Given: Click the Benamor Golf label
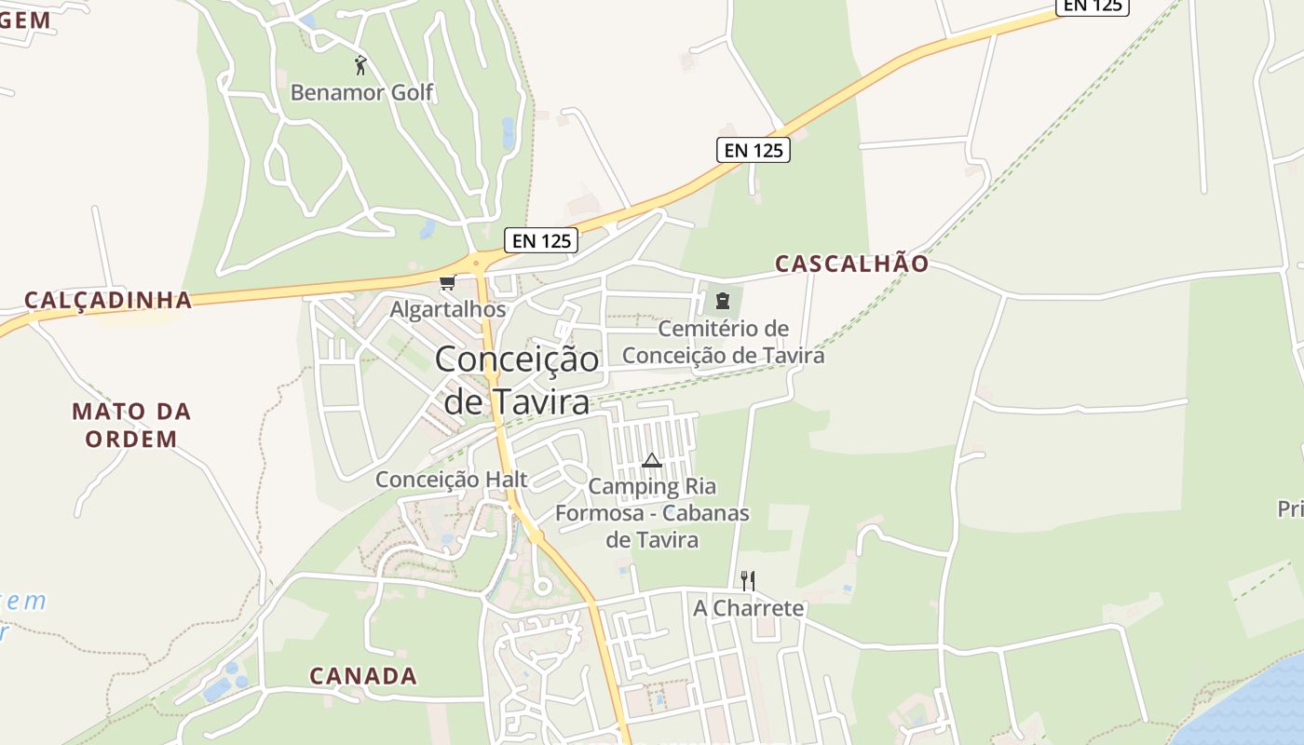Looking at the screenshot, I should [361, 92].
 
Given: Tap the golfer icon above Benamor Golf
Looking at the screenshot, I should [361, 65].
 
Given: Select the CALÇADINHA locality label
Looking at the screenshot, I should [108, 300].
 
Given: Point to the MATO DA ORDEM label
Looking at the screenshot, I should [131, 425].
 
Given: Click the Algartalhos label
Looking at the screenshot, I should [448, 309].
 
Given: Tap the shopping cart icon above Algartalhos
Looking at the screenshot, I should [447, 283].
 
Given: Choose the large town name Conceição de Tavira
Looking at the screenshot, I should [517, 380].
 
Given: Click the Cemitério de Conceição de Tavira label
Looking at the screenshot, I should [723, 342].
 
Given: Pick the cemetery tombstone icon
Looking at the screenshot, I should [722, 300].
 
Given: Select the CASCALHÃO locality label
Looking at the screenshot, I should [852, 264].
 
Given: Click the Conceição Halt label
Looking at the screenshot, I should [451, 480].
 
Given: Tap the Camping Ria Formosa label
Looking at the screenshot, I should [652, 512].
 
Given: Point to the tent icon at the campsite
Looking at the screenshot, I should [652, 460].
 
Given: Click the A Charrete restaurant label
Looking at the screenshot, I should [748, 608].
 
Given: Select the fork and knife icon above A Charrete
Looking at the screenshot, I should [747, 581].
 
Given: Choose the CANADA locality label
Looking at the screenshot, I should [363, 676].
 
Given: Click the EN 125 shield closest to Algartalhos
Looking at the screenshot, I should [541, 240].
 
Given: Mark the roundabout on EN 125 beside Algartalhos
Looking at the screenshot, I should [477, 264].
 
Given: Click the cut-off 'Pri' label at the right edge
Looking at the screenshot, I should [1290, 509].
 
